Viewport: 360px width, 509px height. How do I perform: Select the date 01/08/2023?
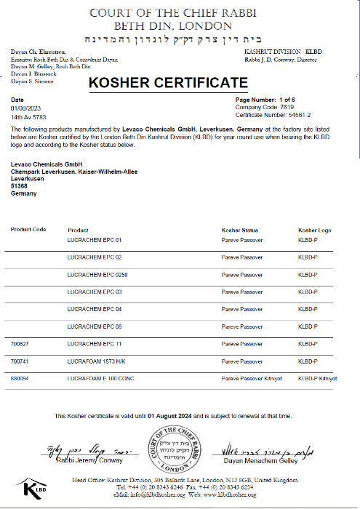(x=25, y=108)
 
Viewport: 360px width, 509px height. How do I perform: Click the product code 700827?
(x=21, y=342)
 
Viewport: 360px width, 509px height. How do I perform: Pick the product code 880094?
(x=21, y=379)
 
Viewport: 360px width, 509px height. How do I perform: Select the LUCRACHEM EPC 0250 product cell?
(x=97, y=275)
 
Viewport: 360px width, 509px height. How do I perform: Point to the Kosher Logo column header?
(x=314, y=230)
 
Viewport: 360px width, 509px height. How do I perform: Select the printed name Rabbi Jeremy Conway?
(x=91, y=460)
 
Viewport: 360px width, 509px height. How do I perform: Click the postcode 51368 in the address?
(x=19, y=185)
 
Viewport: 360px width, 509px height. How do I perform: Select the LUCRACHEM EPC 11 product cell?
(x=94, y=342)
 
